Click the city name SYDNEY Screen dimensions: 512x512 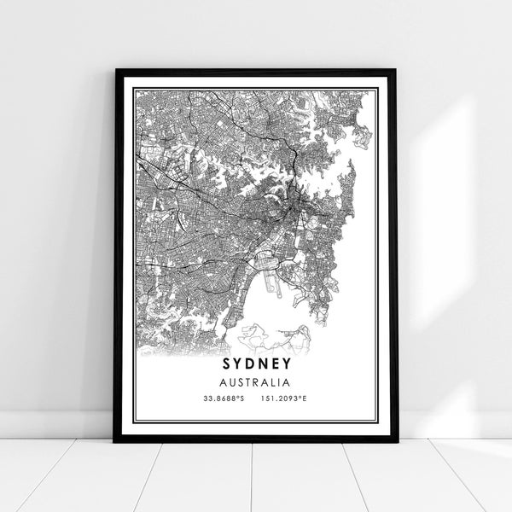coord(257,364)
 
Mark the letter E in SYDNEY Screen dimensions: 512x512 coord(276,364)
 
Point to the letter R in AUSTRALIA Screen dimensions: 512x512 coord(259,382)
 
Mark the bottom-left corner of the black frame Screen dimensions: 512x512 coord(115,441)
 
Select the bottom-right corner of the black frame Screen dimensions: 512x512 coord(396,441)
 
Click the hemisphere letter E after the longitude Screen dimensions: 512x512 coord(310,399)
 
